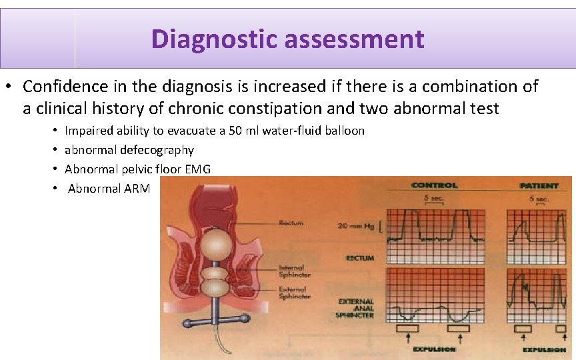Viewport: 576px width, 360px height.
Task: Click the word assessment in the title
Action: pyautogui.click(x=354, y=39)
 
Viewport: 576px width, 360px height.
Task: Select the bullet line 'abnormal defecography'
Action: pyautogui.click(x=129, y=150)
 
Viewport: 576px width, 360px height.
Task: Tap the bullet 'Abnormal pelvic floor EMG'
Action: pyautogui.click(x=137, y=169)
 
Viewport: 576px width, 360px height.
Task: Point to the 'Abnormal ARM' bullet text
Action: pyautogui.click(x=109, y=189)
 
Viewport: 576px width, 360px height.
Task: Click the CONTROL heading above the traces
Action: pyautogui.click(x=435, y=185)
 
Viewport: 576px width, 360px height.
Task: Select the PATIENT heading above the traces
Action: pyautogui.click(x=541, y=185)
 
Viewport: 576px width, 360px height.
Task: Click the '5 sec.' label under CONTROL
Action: pyautogui.click(x=433, y=199)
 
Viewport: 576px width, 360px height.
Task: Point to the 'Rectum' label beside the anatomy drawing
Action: pyautogui.click(x=291, y=223)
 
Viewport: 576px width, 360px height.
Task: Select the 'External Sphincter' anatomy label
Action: pyautogui.click(x=293, y=292)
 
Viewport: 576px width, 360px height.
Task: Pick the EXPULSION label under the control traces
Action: pyautogui.click(x=434, y=349)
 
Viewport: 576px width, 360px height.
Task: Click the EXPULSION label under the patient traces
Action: pyautogui.click(x=544, y=349)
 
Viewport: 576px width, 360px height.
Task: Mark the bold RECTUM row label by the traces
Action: pyautogui.click(x=360, y=258)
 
